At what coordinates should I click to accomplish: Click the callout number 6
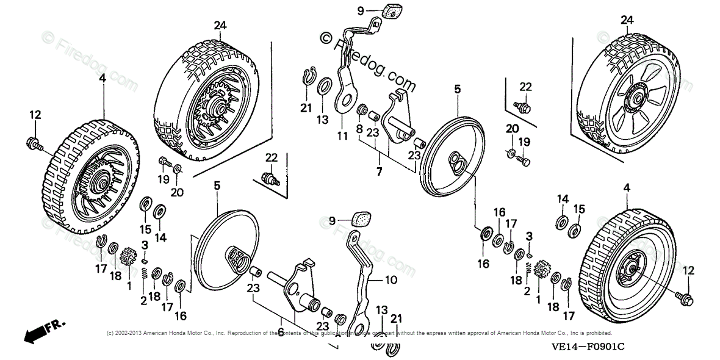[x=281, y=332]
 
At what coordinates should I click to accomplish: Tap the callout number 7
[x=379, y=173]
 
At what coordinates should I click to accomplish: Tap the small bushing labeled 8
[x=363, y=111]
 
